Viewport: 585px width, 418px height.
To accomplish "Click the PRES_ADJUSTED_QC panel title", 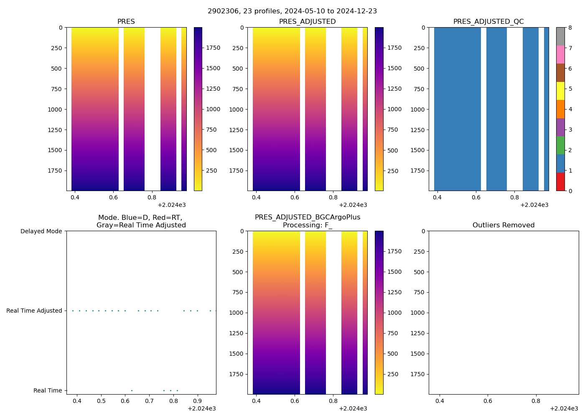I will [488, 22].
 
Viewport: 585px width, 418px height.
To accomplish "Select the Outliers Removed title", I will [504, 225].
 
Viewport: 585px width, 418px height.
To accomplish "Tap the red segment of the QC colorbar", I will [560, 182].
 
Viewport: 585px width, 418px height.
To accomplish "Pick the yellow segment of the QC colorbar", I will [560, 91].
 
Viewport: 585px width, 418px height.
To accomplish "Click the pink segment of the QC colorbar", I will [560, 54].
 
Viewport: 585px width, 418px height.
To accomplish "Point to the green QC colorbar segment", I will [560, 145].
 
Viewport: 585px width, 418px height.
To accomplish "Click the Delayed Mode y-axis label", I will [41, 231].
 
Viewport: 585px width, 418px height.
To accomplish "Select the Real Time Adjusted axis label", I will [34, 311].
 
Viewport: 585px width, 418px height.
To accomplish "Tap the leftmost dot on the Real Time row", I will [132, 390].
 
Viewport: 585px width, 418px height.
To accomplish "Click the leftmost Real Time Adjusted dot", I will [73, 311].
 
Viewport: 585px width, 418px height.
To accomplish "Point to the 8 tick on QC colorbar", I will [570, 28].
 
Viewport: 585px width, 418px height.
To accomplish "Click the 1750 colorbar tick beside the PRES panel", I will [213, 48].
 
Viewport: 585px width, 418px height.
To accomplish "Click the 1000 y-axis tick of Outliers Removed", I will [417, 313].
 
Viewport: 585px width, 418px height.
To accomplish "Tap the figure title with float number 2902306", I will [292, 11].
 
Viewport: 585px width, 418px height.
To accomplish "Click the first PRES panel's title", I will [126, 22].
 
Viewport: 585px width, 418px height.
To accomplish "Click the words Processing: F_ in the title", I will [307, 225].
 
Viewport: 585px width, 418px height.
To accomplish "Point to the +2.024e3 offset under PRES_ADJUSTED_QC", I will [534, 205].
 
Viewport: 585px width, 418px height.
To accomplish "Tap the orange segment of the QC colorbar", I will [560, 109].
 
